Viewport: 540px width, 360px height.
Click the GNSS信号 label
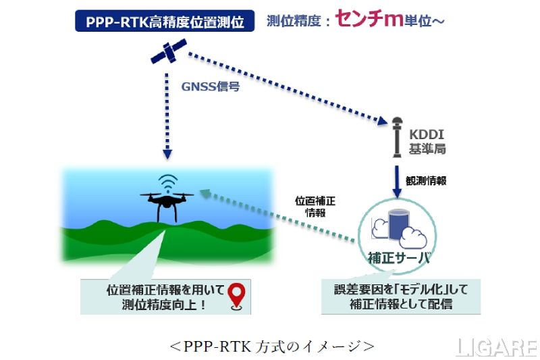[210, 86]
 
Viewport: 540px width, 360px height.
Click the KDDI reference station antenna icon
[397, 138]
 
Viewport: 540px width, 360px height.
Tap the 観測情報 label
[425, 180]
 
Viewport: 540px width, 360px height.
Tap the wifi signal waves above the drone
[166, 182]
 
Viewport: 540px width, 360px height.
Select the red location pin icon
[236, 295]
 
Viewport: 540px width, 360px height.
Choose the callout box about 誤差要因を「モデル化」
[400, 297]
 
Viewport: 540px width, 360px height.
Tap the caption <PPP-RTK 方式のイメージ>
[271, 345]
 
